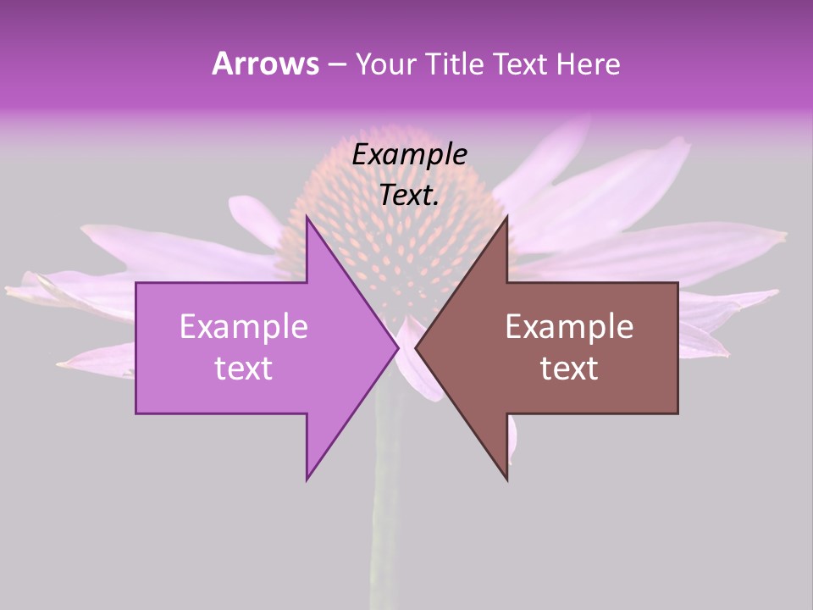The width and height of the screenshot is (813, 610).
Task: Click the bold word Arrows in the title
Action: [x=265, y=64]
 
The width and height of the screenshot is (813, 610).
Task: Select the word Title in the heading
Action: [x=452, y=64]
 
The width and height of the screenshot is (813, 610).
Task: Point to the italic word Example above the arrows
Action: [x=410, y=155]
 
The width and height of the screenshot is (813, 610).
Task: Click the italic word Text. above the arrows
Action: [x=410, y=196]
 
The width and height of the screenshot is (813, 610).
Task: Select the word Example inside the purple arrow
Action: [x=244, y=327]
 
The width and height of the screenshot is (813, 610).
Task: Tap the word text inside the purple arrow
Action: [x=244, y=369]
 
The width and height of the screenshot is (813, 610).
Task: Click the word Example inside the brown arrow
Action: [x=569, y=327]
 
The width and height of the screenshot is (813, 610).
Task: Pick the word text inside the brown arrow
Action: [x=569, y=369]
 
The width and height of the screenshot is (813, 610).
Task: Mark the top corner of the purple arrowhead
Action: [x=307, y=218]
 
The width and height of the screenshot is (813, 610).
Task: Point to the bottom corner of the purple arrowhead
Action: [x=307, y=479]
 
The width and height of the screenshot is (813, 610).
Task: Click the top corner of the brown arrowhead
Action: [x=506, y=218]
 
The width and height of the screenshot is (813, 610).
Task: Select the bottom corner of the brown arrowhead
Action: [x=506, y=479]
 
